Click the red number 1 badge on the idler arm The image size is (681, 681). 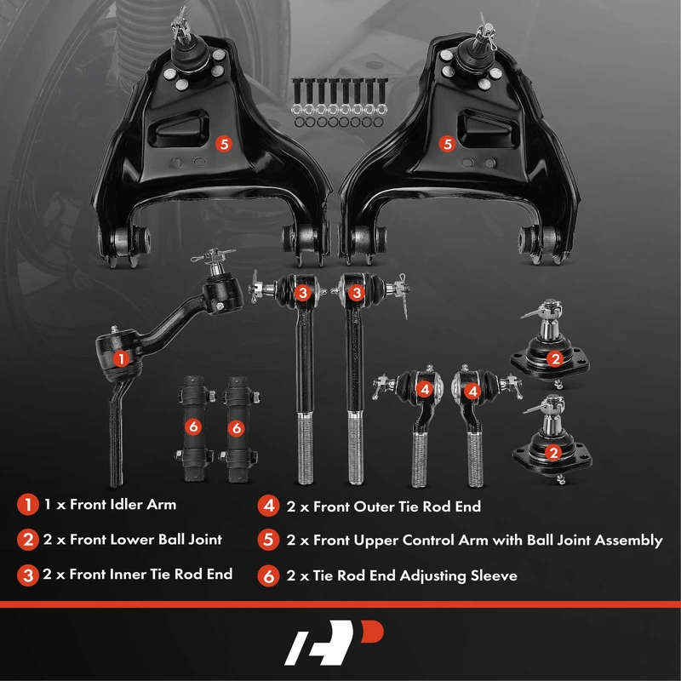121,358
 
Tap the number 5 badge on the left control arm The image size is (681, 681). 224,144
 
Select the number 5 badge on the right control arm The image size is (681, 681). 447,144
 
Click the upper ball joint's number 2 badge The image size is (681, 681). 555,358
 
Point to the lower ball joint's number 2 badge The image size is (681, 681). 554,453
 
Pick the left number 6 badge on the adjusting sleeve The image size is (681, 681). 193,427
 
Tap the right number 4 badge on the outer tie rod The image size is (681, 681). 472,392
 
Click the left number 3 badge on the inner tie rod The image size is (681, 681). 303,292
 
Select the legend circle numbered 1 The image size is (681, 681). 28,504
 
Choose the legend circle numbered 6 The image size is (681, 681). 268,576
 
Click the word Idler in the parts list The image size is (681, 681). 126,504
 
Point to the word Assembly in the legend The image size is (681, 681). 628,541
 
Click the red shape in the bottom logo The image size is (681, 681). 373,631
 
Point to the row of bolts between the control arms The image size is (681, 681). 339,102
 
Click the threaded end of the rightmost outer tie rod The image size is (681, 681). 475,460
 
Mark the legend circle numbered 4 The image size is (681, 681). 268,506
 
